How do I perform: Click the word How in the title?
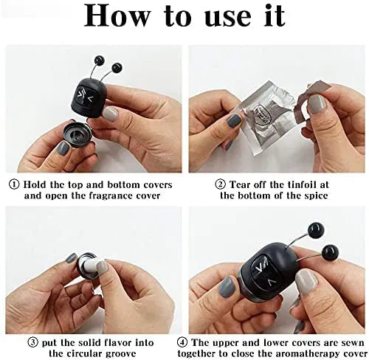point(117,15)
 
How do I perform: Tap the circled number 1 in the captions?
point(14,184)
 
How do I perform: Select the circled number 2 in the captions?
point(220,184)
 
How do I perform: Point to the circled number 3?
point(33,342)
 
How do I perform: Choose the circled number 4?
point(182,342)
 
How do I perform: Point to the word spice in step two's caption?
point(316,196)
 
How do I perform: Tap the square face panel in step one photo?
point(85,96)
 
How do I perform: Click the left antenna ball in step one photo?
point(100,60)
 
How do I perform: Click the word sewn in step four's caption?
point(354,342)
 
